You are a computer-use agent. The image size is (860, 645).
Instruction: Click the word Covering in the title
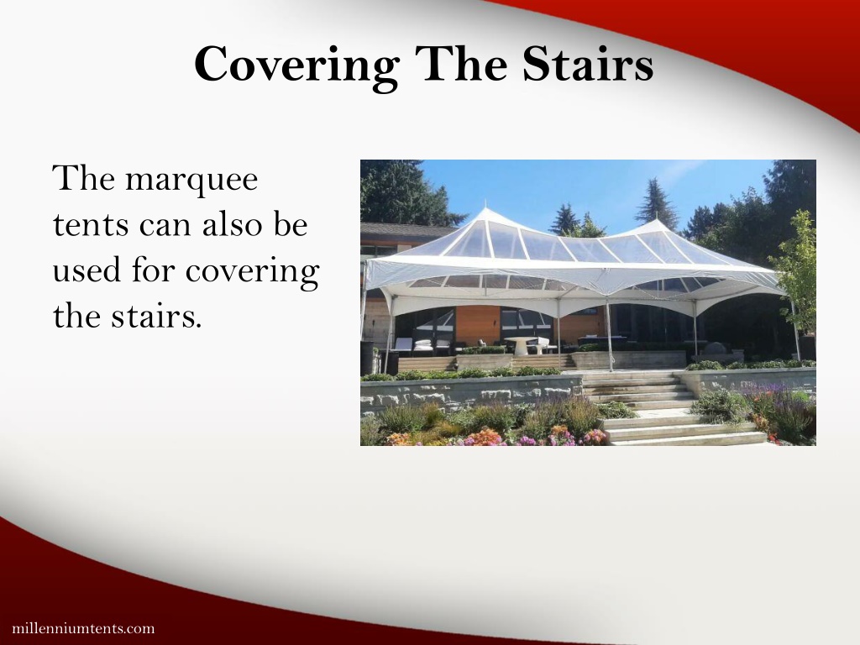coord(296,66)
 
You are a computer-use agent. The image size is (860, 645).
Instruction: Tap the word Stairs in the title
coord(587,63)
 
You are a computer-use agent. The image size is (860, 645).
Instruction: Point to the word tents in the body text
coord(88,225)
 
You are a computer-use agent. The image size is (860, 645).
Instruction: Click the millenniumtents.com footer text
coord(83,628)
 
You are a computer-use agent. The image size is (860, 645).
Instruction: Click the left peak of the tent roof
coord(485,210)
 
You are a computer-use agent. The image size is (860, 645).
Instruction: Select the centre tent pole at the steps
coord(608,335)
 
